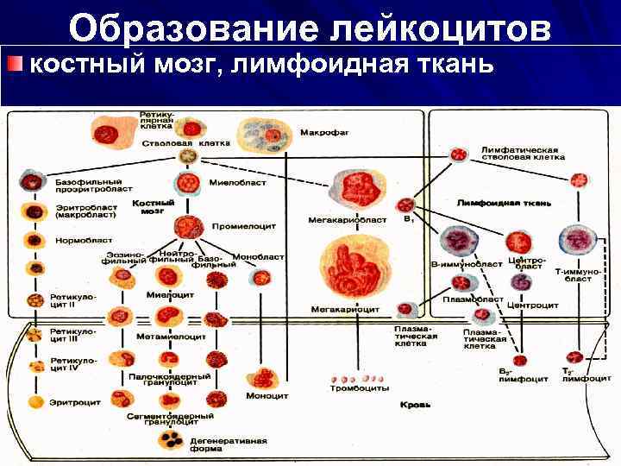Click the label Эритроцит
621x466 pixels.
pos(72,401)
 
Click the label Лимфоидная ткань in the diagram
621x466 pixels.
pos(505,203)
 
